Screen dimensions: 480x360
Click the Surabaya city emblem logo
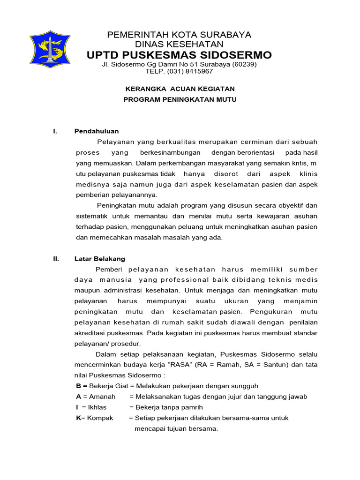(x=50, y=49)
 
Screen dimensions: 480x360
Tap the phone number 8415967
(x=199, y=71)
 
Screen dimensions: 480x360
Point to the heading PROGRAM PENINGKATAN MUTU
(x=180, y=99)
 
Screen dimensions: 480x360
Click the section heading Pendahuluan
(x=97, y=131)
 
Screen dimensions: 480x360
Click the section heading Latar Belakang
(x=100, y=258)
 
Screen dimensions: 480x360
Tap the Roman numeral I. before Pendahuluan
(x=55, y=131)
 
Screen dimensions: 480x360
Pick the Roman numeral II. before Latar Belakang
(x=56, y=258)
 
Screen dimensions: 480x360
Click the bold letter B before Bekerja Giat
(x=79, y=386)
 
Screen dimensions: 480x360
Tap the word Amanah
(x=102, y=397)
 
